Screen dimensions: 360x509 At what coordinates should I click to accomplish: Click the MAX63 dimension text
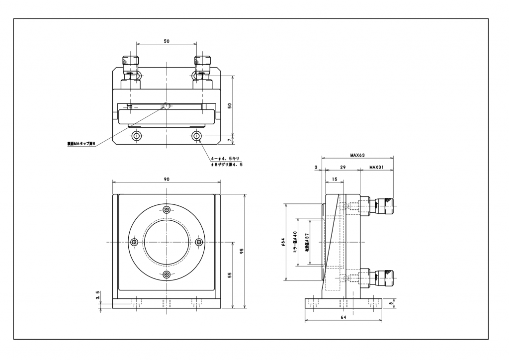(357, 155)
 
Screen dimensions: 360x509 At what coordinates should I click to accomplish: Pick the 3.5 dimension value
(98, 296)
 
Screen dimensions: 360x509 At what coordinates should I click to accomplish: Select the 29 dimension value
(343, 168)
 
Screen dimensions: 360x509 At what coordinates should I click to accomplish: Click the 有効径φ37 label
(307, 243)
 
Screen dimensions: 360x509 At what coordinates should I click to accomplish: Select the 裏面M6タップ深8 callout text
(81, 144)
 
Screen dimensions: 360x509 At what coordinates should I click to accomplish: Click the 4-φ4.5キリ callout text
(225, 158)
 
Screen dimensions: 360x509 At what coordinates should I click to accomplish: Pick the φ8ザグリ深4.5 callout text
(227, 165)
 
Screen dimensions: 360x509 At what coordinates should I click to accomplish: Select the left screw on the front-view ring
(133, 242)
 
